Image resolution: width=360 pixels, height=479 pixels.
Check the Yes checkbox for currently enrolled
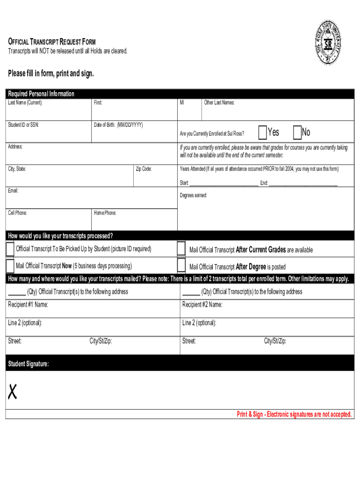pos(262,133)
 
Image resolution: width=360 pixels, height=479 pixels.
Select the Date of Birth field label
pos(118,124)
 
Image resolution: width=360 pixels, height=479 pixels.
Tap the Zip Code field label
pos(144,169)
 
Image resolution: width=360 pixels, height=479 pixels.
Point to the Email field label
pos(13,191)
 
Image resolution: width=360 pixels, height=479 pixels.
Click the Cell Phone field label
pos(17,213)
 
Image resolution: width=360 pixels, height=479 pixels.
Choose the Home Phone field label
pos(105,213)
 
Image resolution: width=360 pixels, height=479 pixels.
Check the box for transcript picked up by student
pos(10,249)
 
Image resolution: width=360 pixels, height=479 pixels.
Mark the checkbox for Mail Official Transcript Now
pos(10,266)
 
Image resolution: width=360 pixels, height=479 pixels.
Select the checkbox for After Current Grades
pos(181,249)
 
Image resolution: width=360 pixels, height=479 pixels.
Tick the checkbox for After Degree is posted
pos(181,266)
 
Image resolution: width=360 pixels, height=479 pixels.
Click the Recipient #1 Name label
pos(28,305)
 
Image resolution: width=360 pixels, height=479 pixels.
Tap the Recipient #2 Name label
pos(202,305)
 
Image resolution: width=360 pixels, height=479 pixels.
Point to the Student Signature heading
pos(28,364)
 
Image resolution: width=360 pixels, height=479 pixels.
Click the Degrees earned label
pos(193,195)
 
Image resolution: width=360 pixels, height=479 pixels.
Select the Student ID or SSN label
pos(23,124)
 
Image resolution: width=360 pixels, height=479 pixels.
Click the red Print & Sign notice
pos(294,414)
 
